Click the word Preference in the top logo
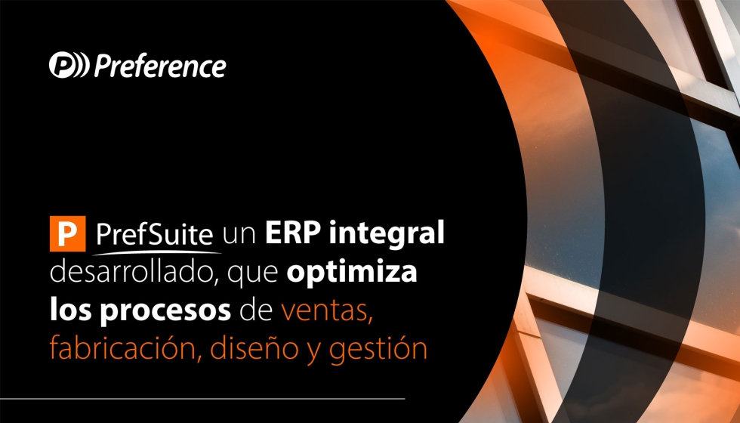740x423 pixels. (x=160, y=66)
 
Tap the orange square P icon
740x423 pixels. (x=67, y=233)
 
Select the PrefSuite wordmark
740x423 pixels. (x=154, y=233)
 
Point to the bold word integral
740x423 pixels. (x=387, y=233)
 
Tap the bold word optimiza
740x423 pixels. (x=352, y=273)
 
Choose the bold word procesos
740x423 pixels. (x=165, y=311)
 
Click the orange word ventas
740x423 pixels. (x=326, y=311)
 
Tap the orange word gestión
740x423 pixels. (x=378, y=349)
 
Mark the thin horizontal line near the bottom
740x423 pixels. (x=202, y=399)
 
